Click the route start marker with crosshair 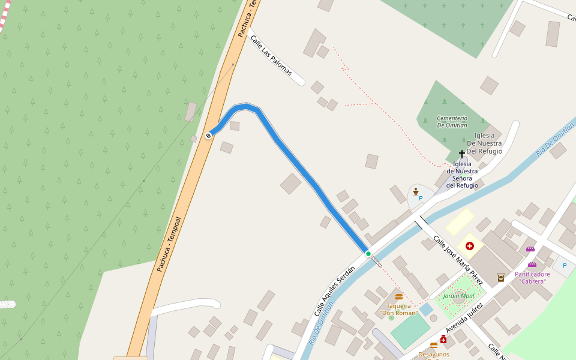click(x=208, y=136)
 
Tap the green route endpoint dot click(x=368, y=254)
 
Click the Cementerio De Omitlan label click(x=452, y=122)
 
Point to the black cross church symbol click(x=462, y=154)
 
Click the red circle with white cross click(x=469, y=245)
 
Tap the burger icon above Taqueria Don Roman click(x=399, y=297)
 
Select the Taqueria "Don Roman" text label click(x=398, y=309)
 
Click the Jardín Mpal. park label click(x=459, y=296)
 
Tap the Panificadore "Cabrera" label click(x=532, y=278)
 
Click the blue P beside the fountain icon click(x=421, y=198)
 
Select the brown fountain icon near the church click(x=415, y=191)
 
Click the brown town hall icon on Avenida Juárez click(x=501, y=277)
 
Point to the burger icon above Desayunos click(x=434, y=346)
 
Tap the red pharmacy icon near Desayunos click(x=443, y=340)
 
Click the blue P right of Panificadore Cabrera click(x=564, y=265)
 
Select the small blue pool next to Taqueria click(x=425, y=310)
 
